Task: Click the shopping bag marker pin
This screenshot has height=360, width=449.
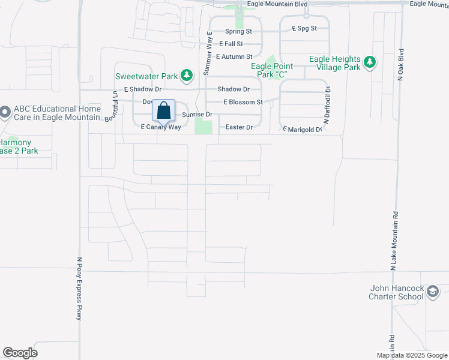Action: click(x=163, y=111)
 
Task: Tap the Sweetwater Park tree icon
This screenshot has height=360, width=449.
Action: click(x=188, y=76)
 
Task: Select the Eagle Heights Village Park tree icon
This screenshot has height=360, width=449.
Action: click(x=370, y=61)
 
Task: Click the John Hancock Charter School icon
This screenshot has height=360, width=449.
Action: click(x=432, y=292)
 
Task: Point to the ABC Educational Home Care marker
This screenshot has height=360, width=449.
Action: click(x=5, y=112)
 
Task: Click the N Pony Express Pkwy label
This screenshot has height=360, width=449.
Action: click(x=79, y=289)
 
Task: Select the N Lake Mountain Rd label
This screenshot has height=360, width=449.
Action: click(x=395, y=240)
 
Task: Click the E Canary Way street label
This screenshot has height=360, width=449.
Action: click(x=160, y=127)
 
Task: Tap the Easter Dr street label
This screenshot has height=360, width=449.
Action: click(x=239, y=127)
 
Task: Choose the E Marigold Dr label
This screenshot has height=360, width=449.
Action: click(x=303, y=129)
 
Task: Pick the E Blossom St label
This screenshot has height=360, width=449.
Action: click(x=243, y=102)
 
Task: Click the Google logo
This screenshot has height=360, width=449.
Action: click(x=20, y=353)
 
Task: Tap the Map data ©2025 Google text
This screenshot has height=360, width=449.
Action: click(x=412, y=355)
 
